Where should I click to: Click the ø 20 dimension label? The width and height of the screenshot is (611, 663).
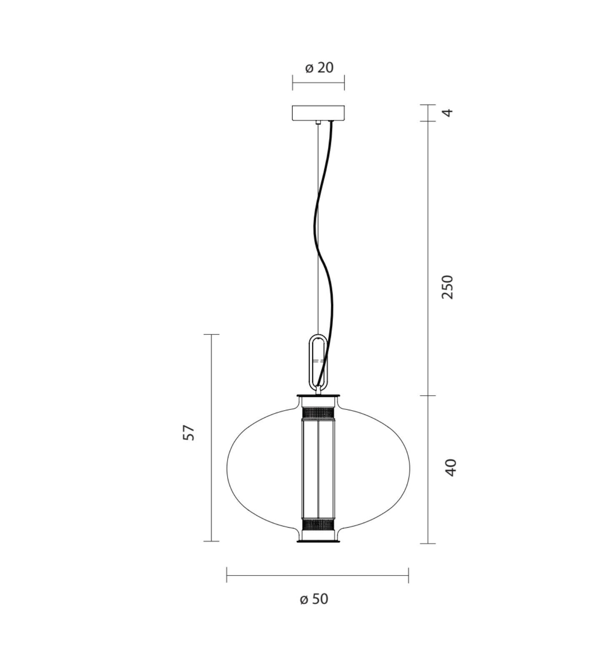(319, 67)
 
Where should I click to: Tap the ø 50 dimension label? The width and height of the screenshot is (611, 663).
(314, 599)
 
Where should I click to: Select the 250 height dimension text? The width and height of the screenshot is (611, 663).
(447, 287)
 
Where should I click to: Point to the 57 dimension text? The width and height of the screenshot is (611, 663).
(189, 433)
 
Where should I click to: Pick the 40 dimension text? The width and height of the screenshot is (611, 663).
(451, 467)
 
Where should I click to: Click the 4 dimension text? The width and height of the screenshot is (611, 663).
(447, 112)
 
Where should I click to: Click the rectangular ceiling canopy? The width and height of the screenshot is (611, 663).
(318, 113)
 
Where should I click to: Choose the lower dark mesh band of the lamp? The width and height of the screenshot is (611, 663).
(318, 524)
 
